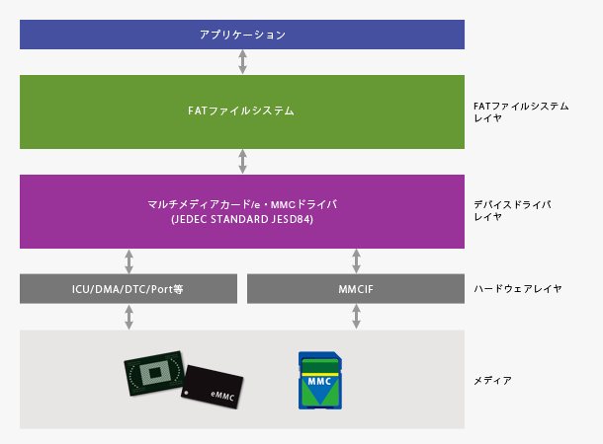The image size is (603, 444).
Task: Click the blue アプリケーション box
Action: pos(242,35)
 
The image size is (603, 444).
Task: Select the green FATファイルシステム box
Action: pos(242,111)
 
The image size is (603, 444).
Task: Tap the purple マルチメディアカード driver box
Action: pos(242,211)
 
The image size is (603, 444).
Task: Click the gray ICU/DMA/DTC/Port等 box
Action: pos(129,289)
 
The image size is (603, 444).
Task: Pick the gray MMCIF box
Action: pos(356,289)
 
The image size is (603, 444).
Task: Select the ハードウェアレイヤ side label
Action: pos(518,289)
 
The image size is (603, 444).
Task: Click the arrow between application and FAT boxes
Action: pos(242,62)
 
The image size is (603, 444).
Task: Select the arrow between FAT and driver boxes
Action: pos(242,162)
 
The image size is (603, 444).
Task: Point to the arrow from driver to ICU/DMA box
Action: pos(129,261)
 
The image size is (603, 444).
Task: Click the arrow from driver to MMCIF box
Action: pos(356,261)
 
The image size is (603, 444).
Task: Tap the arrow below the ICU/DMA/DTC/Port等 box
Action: pos(129,317)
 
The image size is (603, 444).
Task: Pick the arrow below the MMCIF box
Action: pos(356,317)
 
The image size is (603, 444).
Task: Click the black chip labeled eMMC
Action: pos(215,387)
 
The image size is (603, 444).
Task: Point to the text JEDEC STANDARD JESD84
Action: pos(242,219)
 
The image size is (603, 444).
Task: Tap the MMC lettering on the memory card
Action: pos(319,379)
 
